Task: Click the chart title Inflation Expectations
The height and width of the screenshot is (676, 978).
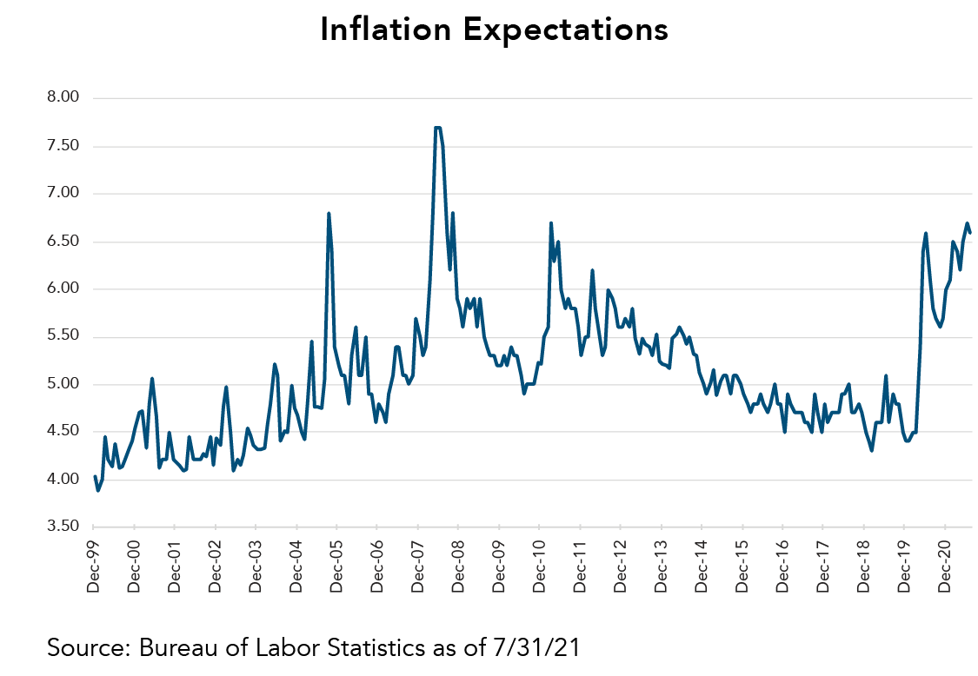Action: pos(494,30)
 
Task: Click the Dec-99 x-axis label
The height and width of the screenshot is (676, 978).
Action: pos(94,566)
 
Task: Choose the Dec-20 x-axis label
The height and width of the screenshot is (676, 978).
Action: pos(944,566)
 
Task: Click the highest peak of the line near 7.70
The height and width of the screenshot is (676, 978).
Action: pos(437,128)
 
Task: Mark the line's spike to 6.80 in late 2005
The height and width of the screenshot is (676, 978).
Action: pos(329,213)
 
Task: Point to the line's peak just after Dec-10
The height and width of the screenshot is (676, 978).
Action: pos(551,223)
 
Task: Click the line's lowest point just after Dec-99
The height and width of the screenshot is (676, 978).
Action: pos(98,490)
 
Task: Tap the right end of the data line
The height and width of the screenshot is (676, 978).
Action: pos(970,233)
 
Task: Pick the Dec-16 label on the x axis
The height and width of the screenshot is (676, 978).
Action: pos(782,566)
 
